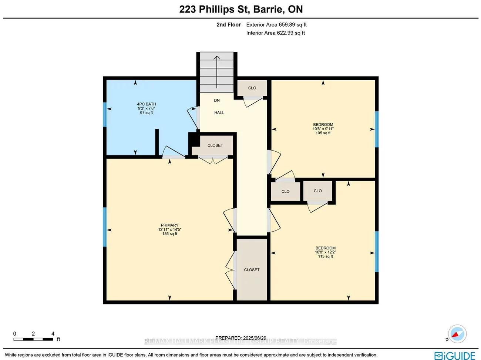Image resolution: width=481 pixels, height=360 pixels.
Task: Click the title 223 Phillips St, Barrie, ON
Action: (x=241, y=9)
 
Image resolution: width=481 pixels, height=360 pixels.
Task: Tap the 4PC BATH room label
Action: (x=147, y=108)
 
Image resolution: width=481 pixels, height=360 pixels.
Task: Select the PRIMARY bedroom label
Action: (x=169, y=229)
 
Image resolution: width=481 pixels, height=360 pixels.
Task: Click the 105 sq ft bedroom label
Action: (x=323, y=129)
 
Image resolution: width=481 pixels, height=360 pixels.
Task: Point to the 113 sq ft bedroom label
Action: (x=326, y=252)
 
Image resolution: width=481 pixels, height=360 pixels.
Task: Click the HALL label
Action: (x=219, y=112)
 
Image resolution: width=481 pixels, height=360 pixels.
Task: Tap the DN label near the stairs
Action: (x=217, y=100)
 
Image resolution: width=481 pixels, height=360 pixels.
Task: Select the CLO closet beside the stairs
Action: (x=252, y=88)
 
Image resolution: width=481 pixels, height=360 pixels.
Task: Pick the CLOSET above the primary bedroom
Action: (x=215, y=145)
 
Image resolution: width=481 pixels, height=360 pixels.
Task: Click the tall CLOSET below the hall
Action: (x=252, y=270)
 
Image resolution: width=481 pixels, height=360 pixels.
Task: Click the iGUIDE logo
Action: (x=455, y=356)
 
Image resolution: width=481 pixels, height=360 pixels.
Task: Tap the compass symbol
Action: (x=457, y=334)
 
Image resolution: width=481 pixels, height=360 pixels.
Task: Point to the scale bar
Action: (x=34, y=339)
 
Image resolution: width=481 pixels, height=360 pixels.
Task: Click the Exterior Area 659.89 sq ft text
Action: (x=276, y=25)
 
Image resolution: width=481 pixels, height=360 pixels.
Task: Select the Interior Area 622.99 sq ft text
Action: (x=276, y=33)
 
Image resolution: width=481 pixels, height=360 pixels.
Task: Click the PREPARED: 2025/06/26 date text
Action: (x=240, y=338)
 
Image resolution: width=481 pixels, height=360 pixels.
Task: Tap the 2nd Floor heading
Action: (x=229, y=25)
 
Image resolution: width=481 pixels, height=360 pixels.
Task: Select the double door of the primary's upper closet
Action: (x=213, y=159)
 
